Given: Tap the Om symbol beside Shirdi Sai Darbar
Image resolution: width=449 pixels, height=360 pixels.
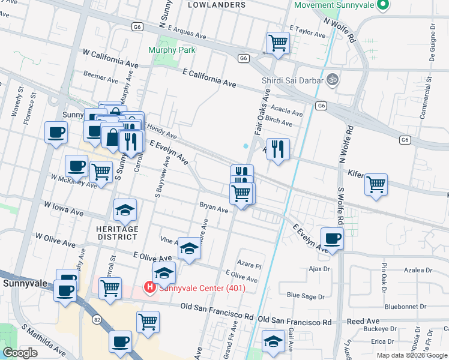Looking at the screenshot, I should (330, 79).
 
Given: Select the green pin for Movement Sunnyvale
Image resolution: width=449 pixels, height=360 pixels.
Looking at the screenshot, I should (381, 7).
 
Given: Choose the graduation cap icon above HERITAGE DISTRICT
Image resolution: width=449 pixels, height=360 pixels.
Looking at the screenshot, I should (125, 210).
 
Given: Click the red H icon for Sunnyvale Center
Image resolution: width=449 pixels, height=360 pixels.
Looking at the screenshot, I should (149, 288).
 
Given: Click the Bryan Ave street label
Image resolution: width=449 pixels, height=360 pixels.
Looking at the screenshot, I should (214, 210).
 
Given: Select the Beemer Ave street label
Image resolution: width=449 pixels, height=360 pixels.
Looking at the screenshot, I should (101, 79).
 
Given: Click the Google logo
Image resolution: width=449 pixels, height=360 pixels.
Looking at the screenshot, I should (20, 353).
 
